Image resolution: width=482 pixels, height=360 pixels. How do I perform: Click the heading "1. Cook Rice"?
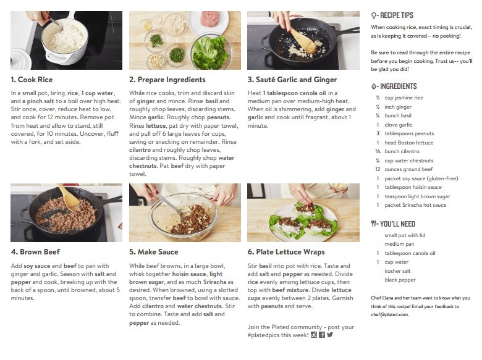(32, 80)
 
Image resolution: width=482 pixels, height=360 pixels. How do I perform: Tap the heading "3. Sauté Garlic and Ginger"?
(292, 80)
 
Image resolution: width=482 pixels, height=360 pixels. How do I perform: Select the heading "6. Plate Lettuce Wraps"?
(286, 252)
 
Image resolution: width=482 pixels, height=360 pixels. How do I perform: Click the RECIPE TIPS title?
(397, 15)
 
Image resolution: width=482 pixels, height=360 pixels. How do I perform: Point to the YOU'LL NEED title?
(397, 224)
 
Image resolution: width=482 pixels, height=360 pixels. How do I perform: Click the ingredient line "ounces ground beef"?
(408, 169)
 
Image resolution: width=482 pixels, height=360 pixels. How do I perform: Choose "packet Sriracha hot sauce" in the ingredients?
(415, 205)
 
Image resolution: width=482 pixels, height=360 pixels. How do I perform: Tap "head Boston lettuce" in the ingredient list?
(409, 143)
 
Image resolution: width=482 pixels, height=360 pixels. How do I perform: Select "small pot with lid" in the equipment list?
(405, 235)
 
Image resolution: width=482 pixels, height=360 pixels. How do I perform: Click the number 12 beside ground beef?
(378, 169)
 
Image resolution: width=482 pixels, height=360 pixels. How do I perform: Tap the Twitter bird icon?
(330, 335)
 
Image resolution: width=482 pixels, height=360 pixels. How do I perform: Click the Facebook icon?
(322, 335)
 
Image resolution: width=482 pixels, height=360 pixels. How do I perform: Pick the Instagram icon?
(314, 335)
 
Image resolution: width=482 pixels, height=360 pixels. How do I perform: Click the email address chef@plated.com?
(390, 314)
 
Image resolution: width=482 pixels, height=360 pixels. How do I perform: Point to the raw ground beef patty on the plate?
(209, 19)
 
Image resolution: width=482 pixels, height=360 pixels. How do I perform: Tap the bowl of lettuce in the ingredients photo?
(211, 52)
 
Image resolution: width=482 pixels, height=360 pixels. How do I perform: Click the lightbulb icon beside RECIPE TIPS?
(374, 15)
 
